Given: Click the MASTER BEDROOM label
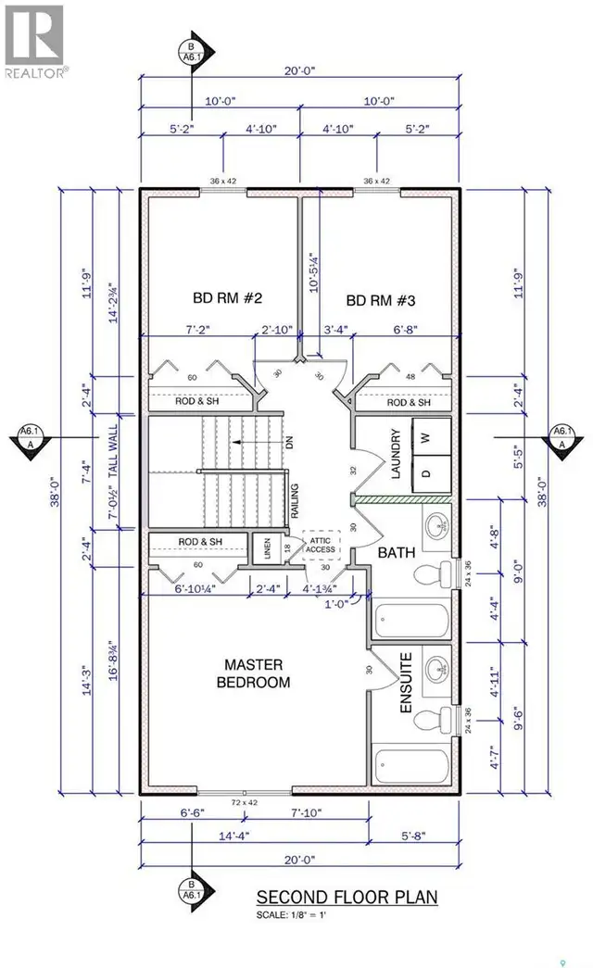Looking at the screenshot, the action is point(253,673).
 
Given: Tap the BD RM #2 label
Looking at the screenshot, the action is point(227,298).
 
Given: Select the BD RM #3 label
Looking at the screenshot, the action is point(381,301).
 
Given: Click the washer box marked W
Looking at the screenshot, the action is point(432,437).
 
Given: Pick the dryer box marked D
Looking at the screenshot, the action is point(432,474).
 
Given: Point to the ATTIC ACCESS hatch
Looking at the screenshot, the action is point(321,545).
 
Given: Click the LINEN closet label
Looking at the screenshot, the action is point(268,548).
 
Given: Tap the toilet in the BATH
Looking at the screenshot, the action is point(434,575).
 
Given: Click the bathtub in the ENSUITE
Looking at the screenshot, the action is point(412,765).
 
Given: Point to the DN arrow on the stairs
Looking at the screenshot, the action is point(255,442).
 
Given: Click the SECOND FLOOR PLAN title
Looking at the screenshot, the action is point(347,897).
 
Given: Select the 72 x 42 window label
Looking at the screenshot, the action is point(245,802).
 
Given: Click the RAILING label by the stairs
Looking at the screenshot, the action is point(295,500).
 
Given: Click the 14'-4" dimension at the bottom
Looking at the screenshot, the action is point(234,836).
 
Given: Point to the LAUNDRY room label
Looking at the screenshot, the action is point(396,454).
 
